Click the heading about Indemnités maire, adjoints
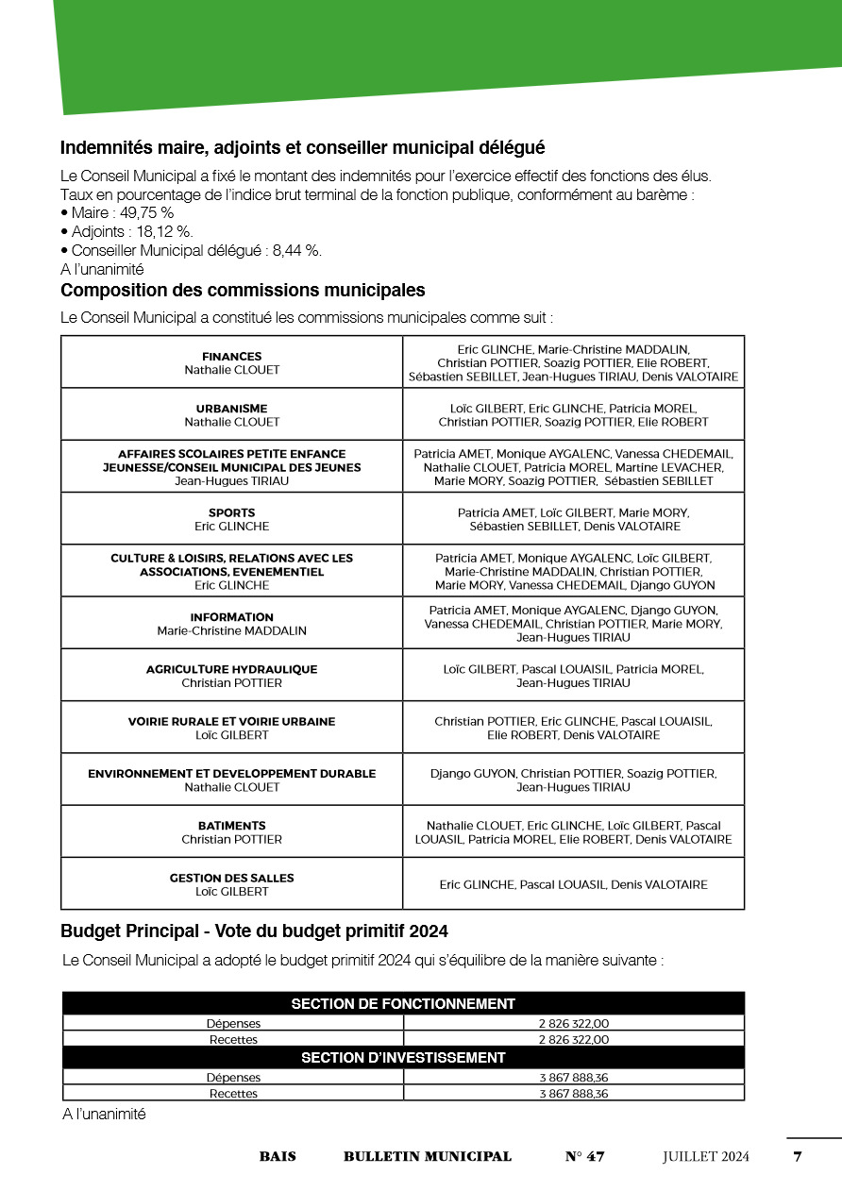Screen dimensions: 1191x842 tap(302, 148)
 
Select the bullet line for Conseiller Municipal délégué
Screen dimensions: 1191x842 tap(196, 250)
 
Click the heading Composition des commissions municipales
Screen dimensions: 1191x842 tap(243, 291)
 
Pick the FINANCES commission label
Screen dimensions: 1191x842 tap(231, 357)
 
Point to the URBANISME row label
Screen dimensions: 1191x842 tap(231, 409)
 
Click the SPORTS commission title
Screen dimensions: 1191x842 tap(231, 513)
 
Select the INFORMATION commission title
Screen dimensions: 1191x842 tap(231, 617)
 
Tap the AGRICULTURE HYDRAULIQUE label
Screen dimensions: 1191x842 tap(231, 669)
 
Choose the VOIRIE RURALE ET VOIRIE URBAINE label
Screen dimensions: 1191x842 tap(231, 722)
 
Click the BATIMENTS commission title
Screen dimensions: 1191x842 tap(231, 826)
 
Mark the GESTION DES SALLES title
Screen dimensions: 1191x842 tap(231, 878)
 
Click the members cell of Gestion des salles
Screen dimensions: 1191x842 tap(573, 884)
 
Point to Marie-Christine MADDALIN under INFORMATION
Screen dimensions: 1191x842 tap(231, 630)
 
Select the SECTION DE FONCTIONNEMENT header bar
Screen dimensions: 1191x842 tap(403, 1004)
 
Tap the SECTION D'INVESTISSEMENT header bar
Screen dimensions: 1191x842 tap(403, 1058)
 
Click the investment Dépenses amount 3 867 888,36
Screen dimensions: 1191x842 tap(573, 1077)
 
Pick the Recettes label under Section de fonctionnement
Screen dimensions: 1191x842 tap(233, 1040)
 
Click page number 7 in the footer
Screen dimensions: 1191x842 tap(798, 1157)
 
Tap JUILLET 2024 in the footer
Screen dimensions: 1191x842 tap(705, 1157)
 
